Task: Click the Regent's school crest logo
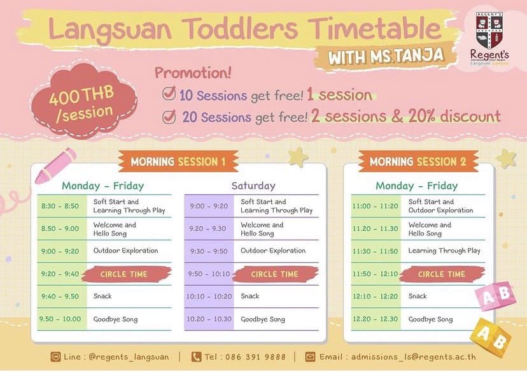pyautogui.click(x=489, y=31)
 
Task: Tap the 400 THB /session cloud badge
pyautogui.click(x=84, y=101)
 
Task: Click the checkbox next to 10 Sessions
pyautogui.click(x=169, y=93)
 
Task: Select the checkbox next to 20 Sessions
pyautogui.click(x=169, y=117)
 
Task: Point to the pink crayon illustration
pyautogui.click(x=55, y=166)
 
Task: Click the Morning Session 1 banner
pyautogui.click(x=178, y=161)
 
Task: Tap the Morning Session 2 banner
pyautogui.click(x=418, y=161)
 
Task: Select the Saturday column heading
pyautogui.click(x=253, y=186)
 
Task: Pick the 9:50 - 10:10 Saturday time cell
pyautogui.click(x=209, y=274)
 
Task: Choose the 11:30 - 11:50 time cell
pyautogui.click(x=376, y=251)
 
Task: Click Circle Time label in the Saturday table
pyautogui.click(x=274, y=274)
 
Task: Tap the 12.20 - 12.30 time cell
pyautogui.click(x=376, y=319)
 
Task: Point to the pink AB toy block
pyautogui.click(x=495, y=296)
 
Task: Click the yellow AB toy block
pyautogui.click(x=491, y=337)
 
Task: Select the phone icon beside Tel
pyautogui.click(x=196, y=357)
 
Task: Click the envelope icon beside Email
pyautogui.click(x=310, y=357)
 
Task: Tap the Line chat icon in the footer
pyautogui.click(x=55, y=357)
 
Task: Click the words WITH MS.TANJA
pyautogui.click(x=386, y=56)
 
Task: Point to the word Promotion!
pyautogui.click(x=193, y=73)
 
